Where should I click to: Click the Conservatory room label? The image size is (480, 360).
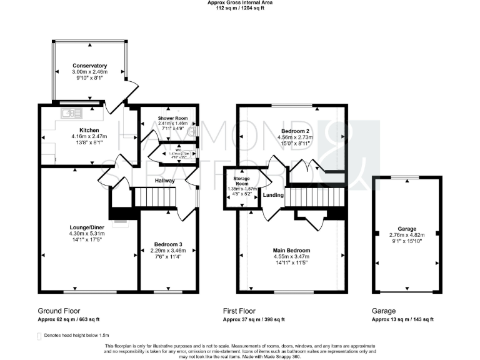click(x=89, y=66)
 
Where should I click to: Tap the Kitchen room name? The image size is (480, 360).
click(x=82, y=131)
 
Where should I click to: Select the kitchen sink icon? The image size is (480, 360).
click(x=69, y=112)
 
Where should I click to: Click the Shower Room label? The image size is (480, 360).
click(x=172, y=117)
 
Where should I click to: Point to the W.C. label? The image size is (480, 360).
click(x=177, y=150)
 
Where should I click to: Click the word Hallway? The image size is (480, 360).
click(x=166, y=181)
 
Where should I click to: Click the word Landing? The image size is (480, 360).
click(x=273, y=195)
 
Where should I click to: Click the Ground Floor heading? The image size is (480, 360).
click(x=59, y=311)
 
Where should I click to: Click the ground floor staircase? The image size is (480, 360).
click(x=153, y=199)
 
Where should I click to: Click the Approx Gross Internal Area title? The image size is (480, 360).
click(x=240, y=3)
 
